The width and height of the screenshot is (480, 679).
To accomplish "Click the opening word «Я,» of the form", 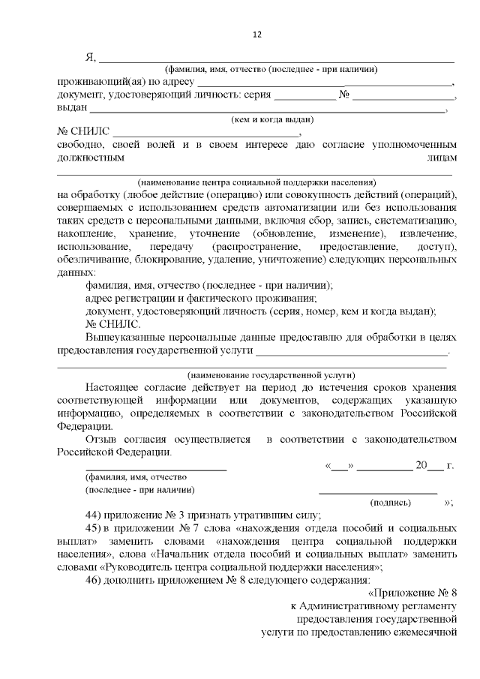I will [91, 57].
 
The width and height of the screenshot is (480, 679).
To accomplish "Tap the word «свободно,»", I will [82, 144].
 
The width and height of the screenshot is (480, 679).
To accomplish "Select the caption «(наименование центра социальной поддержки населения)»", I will [256, 182].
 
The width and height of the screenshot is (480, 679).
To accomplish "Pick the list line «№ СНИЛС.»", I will [112, 324].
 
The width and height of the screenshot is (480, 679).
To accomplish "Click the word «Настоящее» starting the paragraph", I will [115, 387].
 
